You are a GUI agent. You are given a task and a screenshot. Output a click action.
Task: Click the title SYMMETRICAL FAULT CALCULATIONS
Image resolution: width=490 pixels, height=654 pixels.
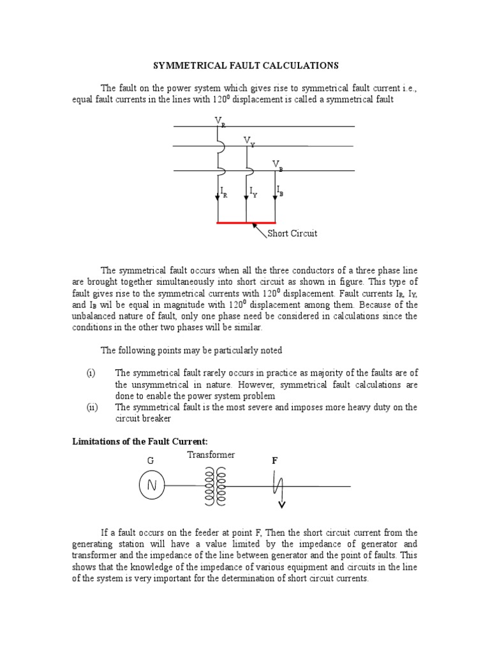pos(244,66)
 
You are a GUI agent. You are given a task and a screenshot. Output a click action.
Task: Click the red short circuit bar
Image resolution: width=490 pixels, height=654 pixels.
pos(246,224)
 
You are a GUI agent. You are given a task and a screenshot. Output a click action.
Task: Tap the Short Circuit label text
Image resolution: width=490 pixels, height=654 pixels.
pos(292,234)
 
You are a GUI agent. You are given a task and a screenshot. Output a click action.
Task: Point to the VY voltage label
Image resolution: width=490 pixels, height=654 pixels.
pos(248,141)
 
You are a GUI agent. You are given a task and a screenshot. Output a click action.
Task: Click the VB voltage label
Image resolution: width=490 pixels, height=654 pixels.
pos(278,165)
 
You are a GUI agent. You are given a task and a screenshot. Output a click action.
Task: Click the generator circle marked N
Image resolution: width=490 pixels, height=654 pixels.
pos(152,486)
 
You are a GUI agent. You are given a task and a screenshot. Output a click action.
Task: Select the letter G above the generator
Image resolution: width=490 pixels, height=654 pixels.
pos(151,460)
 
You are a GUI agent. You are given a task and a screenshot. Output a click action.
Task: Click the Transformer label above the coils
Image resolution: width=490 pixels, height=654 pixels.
pos(211,455)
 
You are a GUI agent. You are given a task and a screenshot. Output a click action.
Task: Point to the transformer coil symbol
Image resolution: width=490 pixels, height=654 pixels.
pos(214,485)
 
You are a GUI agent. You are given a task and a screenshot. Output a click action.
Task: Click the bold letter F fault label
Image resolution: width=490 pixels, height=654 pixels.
pos(275,460)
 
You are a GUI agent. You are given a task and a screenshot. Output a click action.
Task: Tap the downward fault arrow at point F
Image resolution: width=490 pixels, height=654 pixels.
pos(280,503)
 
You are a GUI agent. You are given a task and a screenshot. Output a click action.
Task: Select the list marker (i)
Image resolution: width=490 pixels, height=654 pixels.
pos(90,372)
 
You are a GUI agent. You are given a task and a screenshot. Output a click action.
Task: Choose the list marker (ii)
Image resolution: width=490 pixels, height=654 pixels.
pos(91,407)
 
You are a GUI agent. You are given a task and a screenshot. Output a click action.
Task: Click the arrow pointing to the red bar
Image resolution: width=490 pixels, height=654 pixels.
pos(260,230)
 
